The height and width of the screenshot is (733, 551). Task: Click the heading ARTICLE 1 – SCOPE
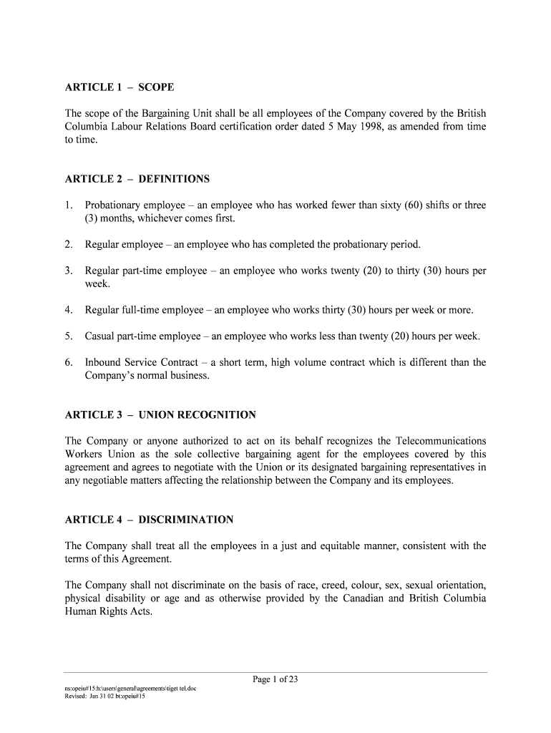120,87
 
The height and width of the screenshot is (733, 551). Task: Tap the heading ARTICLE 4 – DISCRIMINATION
149,520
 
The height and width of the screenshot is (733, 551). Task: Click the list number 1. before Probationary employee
69,205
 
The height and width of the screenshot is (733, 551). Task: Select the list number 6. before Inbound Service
69,362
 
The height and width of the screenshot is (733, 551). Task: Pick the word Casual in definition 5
100,336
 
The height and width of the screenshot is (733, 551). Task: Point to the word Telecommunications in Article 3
441,441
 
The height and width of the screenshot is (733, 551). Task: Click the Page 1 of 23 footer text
275,680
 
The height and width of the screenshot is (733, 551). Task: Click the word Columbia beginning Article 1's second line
86,127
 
